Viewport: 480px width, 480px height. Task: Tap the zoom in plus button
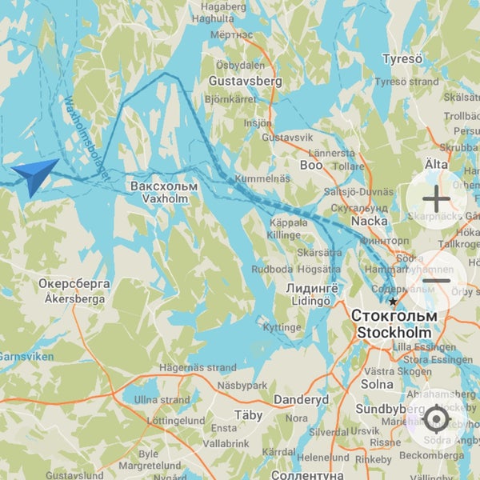(x=437, y=199)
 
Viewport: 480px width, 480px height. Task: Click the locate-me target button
(x=437, y=418)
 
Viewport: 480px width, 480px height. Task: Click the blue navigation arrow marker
(x=34, y=175)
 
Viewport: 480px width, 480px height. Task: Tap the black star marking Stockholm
(x=393, y=302)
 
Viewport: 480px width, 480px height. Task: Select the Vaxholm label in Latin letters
(x=152, y=199)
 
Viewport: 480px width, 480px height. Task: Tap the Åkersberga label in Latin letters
(x=74, y=299)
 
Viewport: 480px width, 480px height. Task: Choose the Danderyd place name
(x=301, y=399)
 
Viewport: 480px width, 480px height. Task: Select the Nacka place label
(x=369, y=220)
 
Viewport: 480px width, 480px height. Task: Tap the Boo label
(x=310, y=166)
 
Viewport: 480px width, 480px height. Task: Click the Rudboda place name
(x=271, y=270)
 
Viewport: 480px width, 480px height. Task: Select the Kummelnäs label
(x=263, y=178)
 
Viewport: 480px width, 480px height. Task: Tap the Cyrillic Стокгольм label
(x=393, y=317)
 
